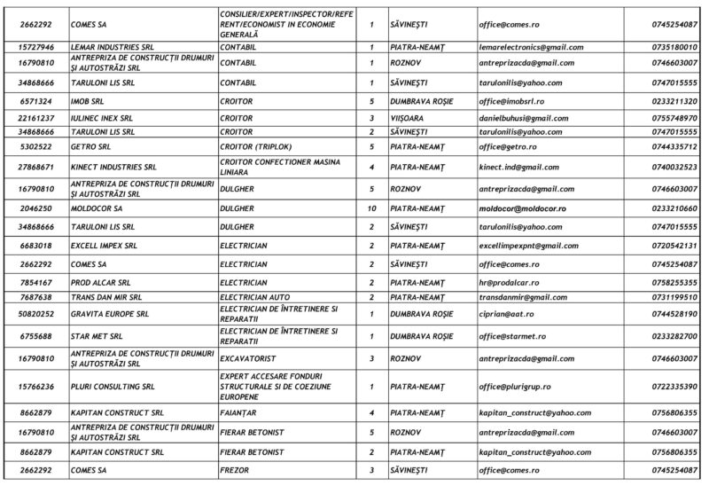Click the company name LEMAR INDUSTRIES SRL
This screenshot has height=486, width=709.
click(x=104, y=46)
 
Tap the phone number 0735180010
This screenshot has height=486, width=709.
click(x=674, y=46)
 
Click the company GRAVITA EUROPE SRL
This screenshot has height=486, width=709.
click(x=109, y=314)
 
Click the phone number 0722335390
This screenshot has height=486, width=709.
click(x=674, y=387)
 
